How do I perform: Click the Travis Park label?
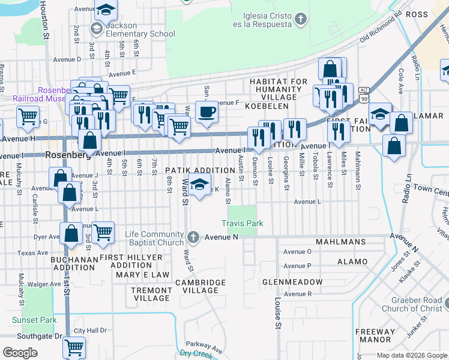tap(242, 224)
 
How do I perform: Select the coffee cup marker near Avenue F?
tap(206, 112)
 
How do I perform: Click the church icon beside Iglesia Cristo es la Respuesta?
tap(300, 20)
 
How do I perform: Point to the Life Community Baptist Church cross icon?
tap(193, 238)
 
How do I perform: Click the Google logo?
tap(20, 353)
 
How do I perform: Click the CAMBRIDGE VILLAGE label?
tap(200, 286)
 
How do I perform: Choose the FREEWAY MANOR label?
tap(375, 335)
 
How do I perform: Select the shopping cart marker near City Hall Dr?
tap(74, 347)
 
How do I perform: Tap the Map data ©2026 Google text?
tap(412, 355)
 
